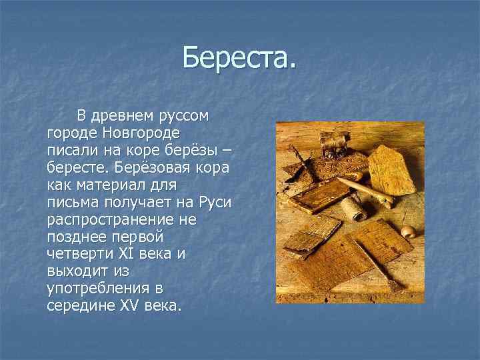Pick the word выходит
[73, 271]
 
